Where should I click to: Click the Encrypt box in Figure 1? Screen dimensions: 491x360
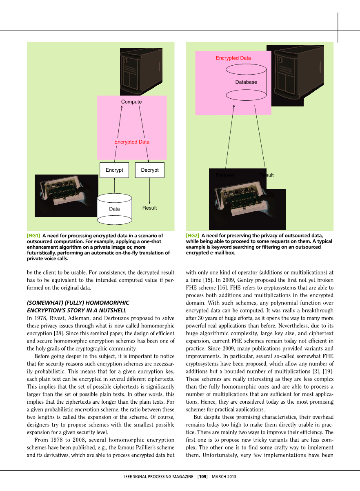click(114, 170)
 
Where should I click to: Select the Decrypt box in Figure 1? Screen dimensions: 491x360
click(149, 170)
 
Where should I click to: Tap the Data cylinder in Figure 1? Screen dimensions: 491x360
click(114, 209)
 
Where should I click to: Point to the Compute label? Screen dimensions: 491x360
click(131, 102)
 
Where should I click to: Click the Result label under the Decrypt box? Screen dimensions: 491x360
click(149, 208)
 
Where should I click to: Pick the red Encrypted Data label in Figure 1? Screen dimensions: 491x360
click(132, 142)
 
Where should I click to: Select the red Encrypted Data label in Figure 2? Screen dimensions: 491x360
click(233, 58)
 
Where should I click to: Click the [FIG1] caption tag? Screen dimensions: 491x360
click(33, 236)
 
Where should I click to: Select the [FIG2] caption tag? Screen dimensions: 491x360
click(193, 236)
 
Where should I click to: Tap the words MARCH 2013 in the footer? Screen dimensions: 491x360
click(224, 476)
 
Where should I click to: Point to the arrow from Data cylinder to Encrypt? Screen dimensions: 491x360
click(114, 186)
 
